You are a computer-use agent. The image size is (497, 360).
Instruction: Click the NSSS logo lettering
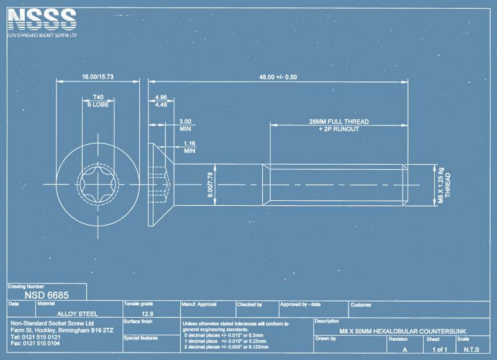[42, 20]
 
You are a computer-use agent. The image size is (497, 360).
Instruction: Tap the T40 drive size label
[98, 98]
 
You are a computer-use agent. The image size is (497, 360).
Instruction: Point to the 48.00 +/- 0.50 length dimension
[278, 76]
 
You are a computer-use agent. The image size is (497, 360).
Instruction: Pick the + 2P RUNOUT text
[339, 129]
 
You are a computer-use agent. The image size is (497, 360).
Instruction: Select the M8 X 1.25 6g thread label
[441, 185]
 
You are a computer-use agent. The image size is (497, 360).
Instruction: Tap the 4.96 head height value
[161, 98]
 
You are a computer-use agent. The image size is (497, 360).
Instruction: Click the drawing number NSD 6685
[47, 295]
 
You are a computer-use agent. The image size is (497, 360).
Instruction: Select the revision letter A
[405, 349]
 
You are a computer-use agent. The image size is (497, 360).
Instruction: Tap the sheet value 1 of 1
[439, 349]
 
